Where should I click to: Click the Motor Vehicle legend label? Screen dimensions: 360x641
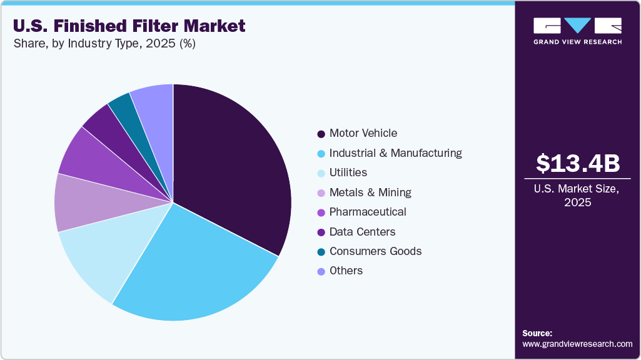click(363, 133)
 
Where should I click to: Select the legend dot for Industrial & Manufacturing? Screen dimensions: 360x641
click(321, 153)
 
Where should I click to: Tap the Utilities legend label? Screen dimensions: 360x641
click(348, 172)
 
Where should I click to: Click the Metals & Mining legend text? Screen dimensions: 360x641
click(370, 192)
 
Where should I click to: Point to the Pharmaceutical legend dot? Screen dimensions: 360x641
click(321, 212)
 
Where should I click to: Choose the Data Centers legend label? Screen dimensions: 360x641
click(362, 232)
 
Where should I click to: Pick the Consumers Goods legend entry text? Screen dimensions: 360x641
click(375, 251)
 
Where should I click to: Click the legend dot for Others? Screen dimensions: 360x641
click(321, 271)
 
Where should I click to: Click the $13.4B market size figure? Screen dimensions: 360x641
click(578, 163)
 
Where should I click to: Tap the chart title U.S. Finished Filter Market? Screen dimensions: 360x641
click(129, 26)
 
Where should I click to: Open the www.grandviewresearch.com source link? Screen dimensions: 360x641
click(577, 344)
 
